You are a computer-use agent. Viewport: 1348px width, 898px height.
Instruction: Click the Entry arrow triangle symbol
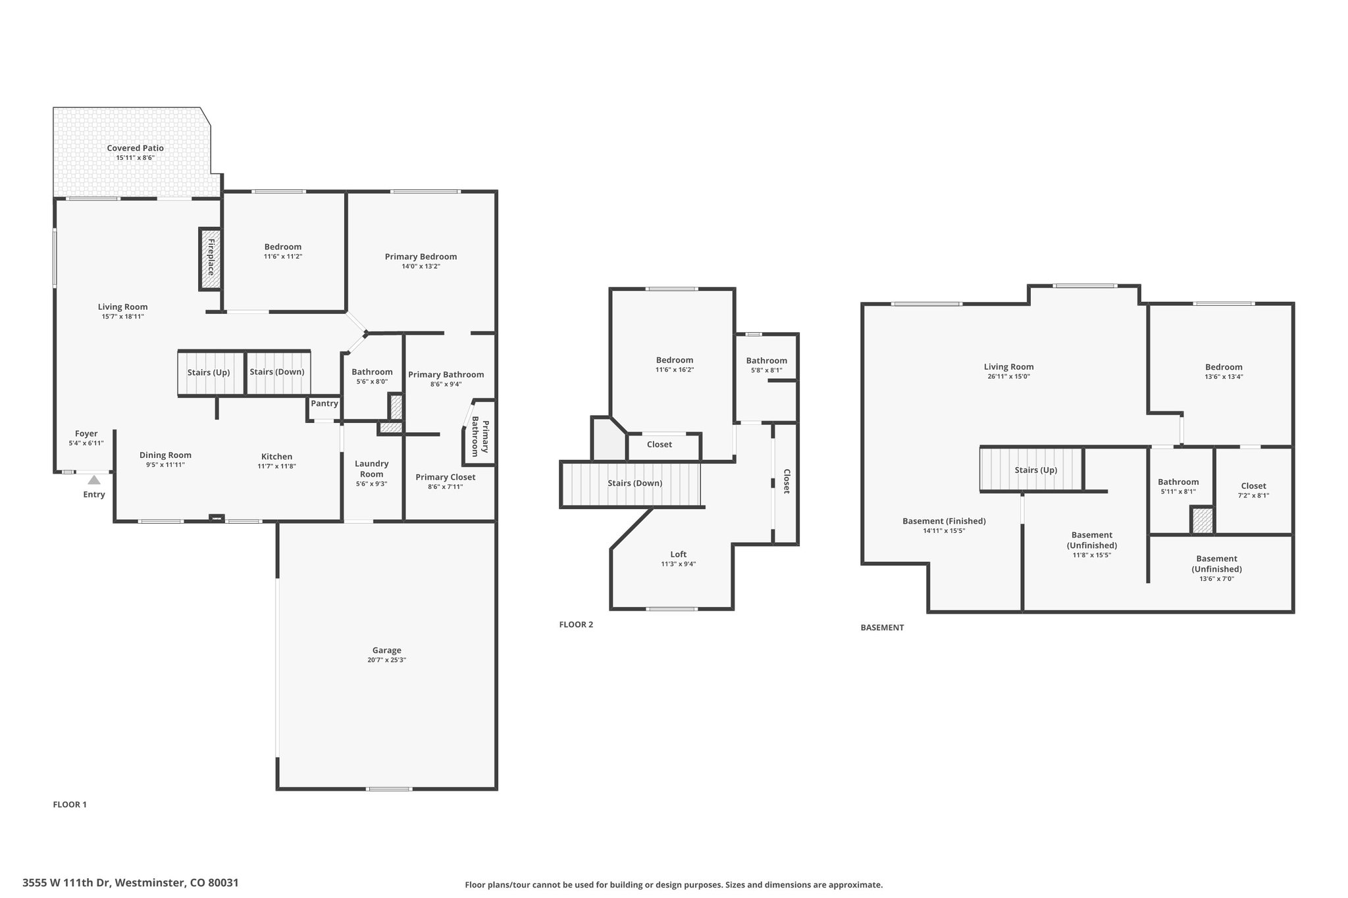(94, 480)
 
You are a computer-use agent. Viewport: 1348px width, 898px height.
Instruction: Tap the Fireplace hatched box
(211, 259)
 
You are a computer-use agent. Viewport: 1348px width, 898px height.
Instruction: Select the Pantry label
(324, 403)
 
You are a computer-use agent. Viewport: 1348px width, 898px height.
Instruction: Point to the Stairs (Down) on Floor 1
(277, 372)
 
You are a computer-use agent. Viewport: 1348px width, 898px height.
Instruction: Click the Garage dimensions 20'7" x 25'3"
(386, 660)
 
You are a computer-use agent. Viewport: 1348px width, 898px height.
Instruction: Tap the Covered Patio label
(136, 148)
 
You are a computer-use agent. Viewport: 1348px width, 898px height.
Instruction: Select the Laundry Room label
(372, 469)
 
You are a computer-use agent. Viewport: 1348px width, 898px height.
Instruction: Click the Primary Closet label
(446, 477)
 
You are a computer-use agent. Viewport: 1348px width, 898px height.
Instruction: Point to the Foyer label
(86, 434)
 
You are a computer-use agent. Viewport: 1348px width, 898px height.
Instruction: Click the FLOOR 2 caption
(576, 624)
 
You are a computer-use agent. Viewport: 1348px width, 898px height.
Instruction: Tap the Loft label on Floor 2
(679, 554)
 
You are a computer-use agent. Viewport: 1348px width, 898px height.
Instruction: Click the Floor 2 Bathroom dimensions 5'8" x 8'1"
(767, 370)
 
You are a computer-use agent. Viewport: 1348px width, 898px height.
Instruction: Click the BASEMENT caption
(882, 628)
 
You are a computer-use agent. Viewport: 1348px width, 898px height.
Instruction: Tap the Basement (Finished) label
(944, 521)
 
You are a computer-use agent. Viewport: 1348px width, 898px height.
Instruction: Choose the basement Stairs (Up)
(1031, 469)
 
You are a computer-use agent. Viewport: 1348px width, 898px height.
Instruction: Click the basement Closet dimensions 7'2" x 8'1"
(1253, 495)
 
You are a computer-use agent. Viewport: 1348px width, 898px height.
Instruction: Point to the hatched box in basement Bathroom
(1203, 520)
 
